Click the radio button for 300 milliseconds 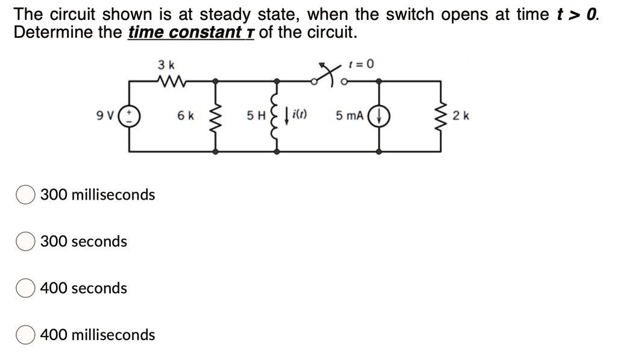coord(25,195)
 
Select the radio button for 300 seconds coord(25,241)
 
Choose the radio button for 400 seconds coord(25,288)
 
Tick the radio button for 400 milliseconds coord(25,335)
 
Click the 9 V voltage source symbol coord(131,115)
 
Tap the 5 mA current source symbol coord(379,115)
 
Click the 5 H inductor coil coord(277,115)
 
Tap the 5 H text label coord(257,115)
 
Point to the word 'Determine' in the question coord(51,32)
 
